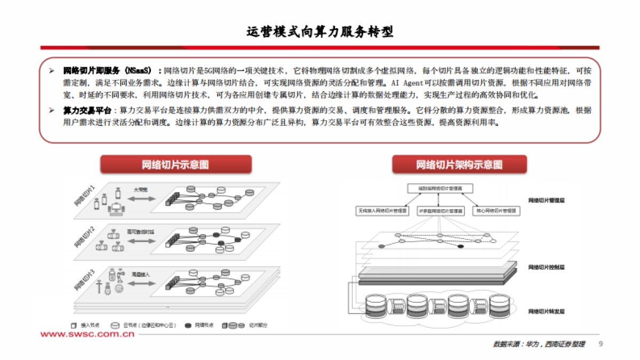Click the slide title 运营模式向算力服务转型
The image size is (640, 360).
319,31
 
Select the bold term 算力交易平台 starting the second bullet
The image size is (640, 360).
87,110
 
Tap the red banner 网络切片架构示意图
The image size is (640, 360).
459,165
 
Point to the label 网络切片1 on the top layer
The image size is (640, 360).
85,196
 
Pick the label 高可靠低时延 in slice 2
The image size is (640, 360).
140,231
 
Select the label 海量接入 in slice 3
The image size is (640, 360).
141,274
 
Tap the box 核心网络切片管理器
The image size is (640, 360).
495,211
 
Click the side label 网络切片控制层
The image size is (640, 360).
546,267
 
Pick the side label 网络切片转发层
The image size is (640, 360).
546,311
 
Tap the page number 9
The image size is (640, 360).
601,344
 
